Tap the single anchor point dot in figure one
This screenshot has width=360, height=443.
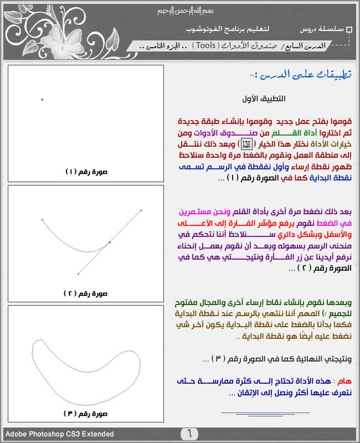tap(42, 100)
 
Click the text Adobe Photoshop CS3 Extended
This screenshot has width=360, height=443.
tap(60, 434)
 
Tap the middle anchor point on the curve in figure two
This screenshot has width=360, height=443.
tap(110, 242)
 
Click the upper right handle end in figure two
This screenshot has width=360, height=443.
tap(141, 210)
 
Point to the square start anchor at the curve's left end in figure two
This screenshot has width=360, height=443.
tap(43, 220)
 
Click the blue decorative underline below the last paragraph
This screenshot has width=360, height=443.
tap(258, 412)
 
